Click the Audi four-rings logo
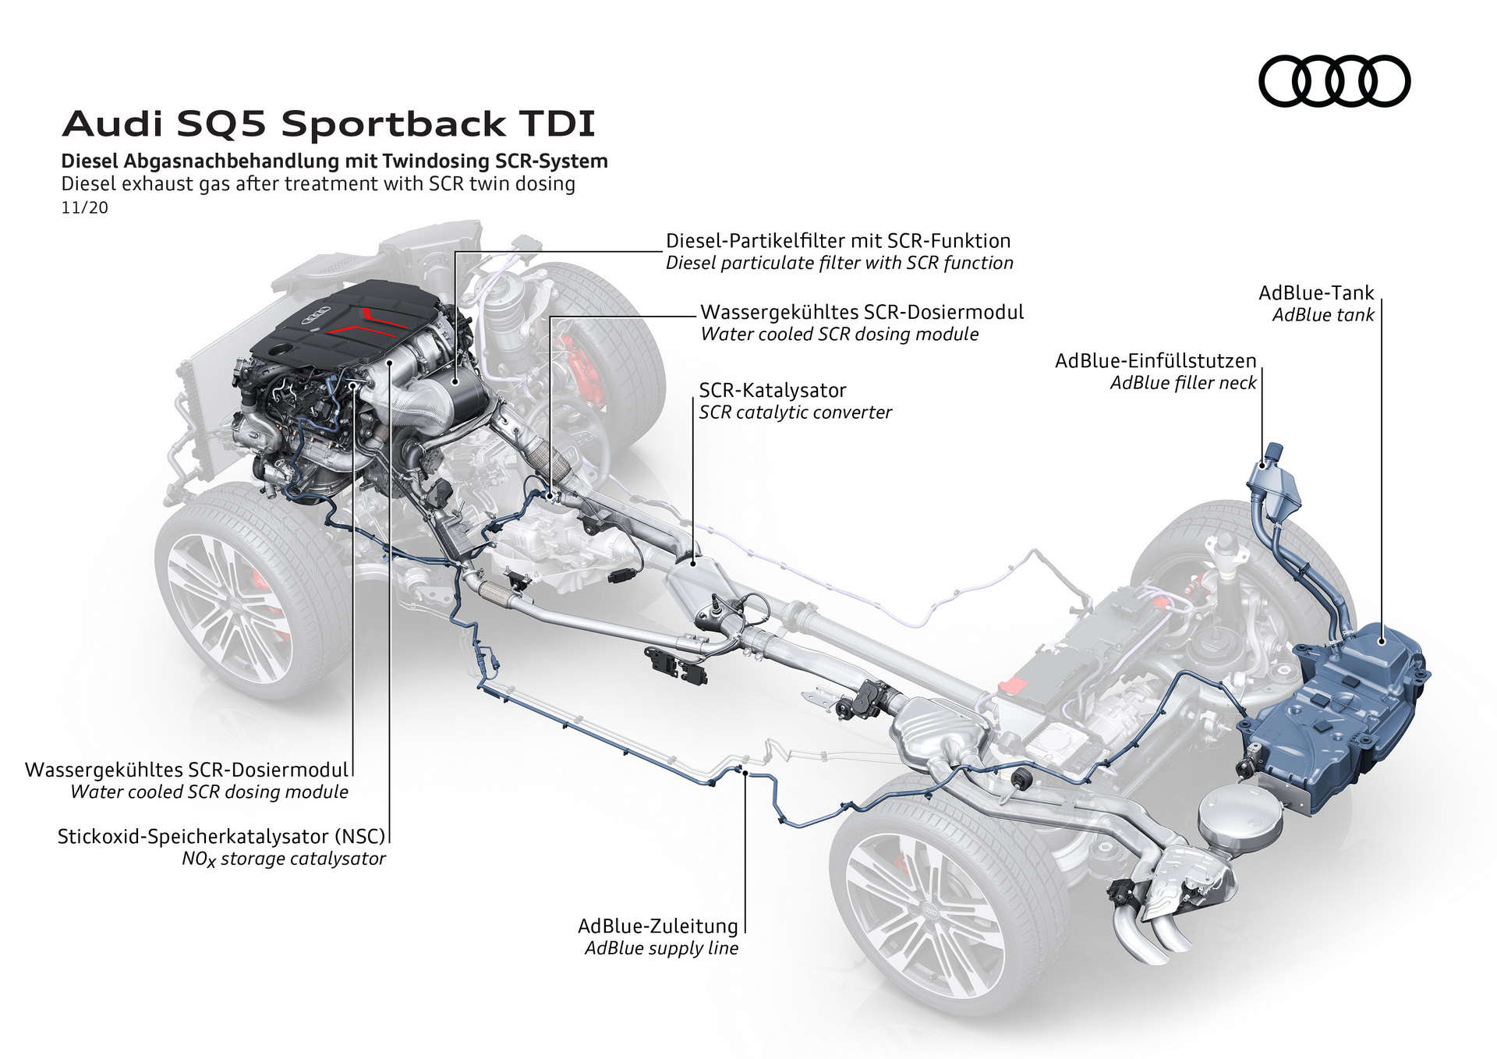tap(1334, 81)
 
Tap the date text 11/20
tap(84, 208)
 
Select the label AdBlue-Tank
tap(1316, 293)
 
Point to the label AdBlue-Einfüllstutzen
tap(1155, 361)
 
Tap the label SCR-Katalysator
tap(772, 390)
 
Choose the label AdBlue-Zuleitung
tap(657, 926)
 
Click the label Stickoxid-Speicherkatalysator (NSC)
tap(221, 837)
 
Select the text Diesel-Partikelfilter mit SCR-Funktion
tap(838, 241)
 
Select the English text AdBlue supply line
tap(661, 948)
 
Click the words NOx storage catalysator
tap(284, 859)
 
